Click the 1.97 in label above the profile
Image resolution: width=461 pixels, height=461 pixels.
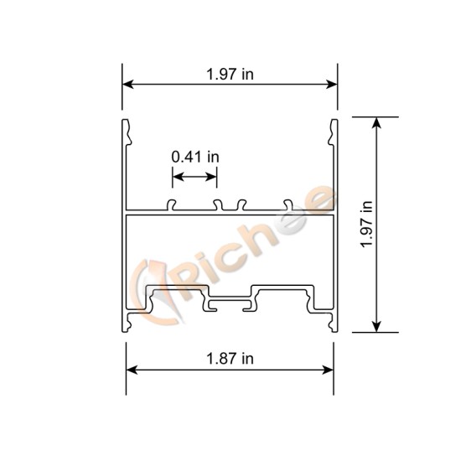[230, 74]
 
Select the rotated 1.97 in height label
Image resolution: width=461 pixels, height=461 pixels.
[365, 225]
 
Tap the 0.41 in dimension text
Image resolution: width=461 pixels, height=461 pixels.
[195, 157]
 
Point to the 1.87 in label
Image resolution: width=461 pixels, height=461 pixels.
[230, 359]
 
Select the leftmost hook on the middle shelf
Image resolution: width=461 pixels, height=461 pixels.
[172, 204]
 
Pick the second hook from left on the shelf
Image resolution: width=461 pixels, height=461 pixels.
[217, 204]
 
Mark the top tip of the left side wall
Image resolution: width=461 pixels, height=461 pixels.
[127, 124]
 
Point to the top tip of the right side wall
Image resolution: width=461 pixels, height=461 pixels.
[334, 124]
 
